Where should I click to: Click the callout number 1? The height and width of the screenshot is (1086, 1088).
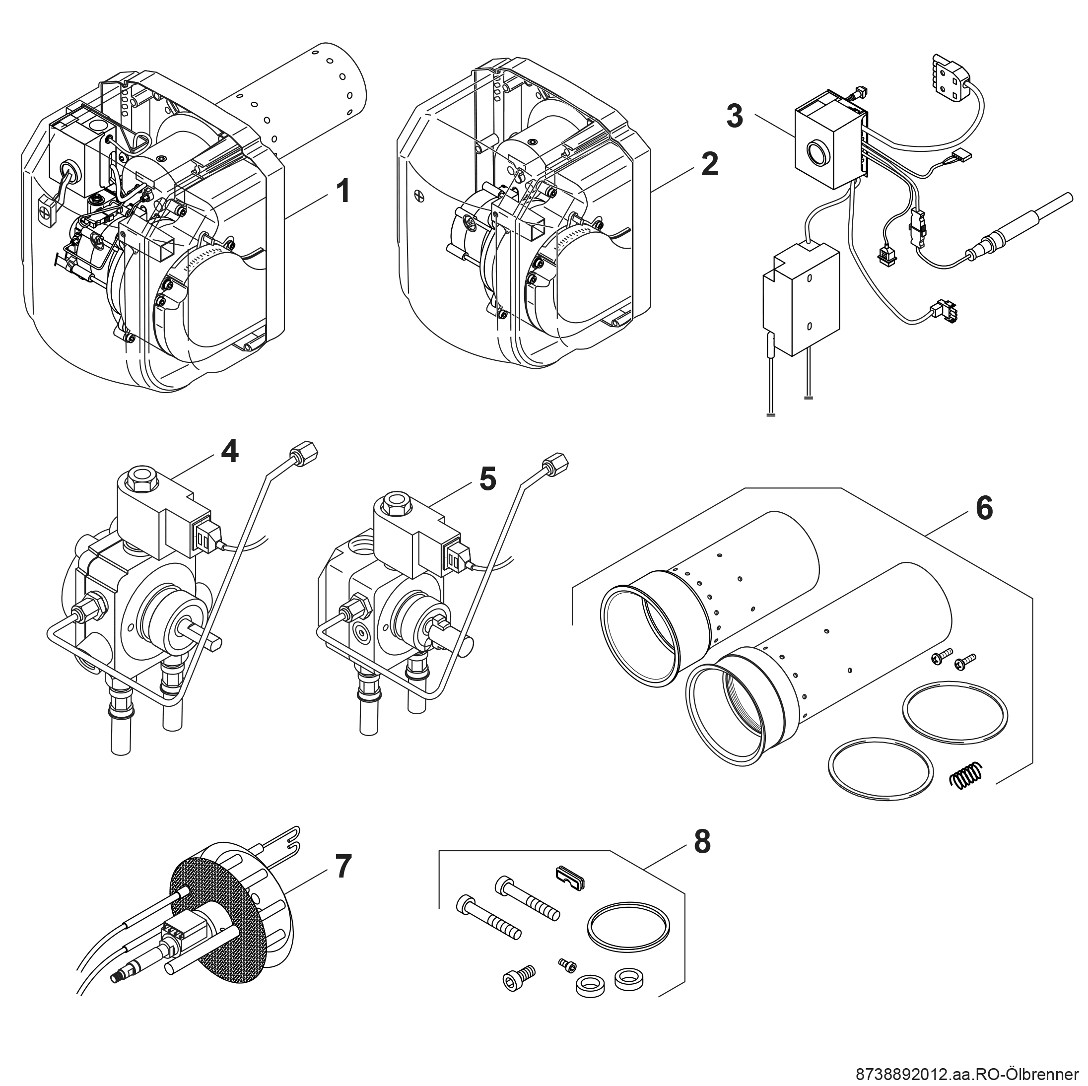point(342,192)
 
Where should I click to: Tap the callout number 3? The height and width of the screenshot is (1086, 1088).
point(734,116)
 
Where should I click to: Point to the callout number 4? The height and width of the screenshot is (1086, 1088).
point(229,451)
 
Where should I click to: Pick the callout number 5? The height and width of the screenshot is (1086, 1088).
point(488,479)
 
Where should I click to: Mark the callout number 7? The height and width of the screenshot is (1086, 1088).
point(343,866)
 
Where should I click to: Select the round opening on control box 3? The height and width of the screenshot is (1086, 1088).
point(816,151)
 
